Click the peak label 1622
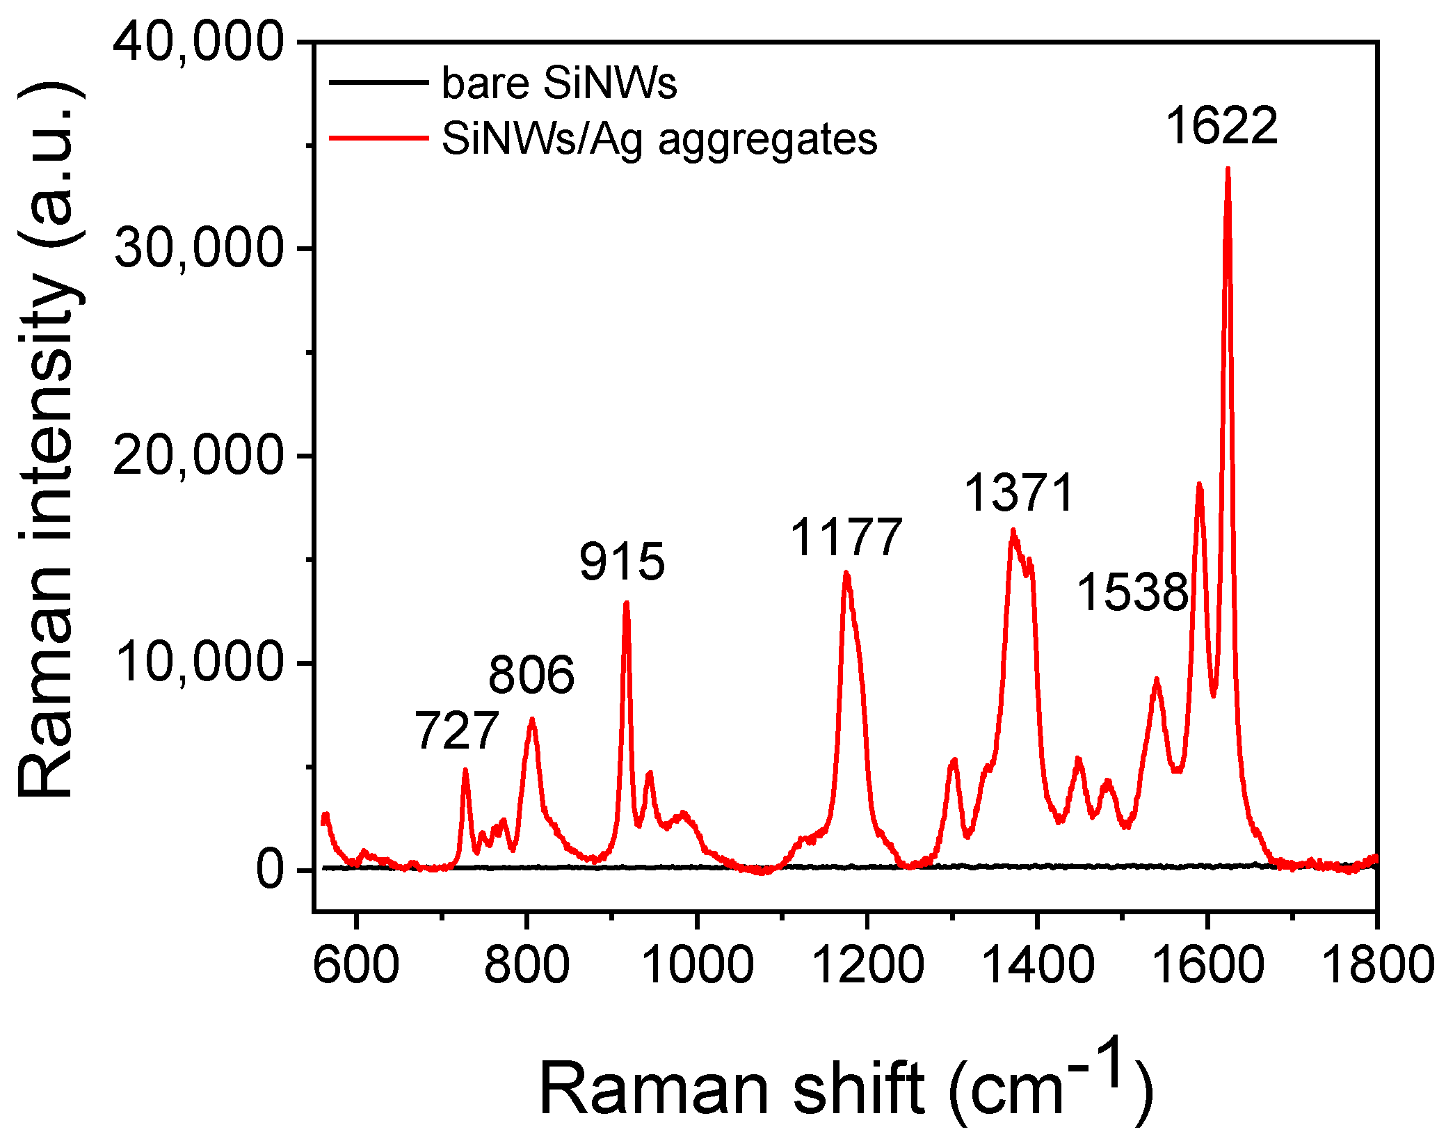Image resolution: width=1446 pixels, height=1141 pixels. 1221,126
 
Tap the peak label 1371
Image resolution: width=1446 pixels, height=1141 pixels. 1019,493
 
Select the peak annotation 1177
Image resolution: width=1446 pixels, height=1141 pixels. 846,537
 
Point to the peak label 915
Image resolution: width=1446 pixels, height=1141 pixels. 622,561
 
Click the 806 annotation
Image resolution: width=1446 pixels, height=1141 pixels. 531,674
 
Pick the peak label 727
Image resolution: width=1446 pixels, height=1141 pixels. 456,731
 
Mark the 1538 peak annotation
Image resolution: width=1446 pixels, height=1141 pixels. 1132,593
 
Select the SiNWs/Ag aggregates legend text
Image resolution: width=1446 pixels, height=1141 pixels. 659,138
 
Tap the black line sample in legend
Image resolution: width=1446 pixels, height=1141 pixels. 378,83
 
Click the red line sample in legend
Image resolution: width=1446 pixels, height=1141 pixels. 378,138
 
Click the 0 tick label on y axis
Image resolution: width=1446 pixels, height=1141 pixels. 270,870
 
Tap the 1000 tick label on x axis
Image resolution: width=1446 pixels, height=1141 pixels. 698,965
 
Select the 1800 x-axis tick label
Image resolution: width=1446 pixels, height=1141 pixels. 1376,965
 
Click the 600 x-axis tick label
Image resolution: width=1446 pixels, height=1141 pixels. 356,965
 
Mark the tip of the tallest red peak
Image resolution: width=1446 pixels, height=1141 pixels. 1228,169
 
